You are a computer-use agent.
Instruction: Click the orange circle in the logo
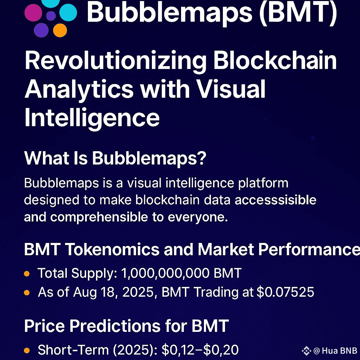point(60,30)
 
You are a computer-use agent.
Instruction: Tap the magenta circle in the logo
point(33,13)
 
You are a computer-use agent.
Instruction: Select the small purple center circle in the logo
point(51,16)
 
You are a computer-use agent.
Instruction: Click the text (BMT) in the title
point(298,13)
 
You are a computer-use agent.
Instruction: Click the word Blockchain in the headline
point(275,60)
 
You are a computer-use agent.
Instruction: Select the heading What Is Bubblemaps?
point(115,159)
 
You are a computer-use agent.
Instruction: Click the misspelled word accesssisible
point(275,200)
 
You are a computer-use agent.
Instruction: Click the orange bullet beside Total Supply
point(27,274)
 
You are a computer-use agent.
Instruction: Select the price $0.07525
point(285,292)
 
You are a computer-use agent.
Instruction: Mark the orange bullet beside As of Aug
point(27,292)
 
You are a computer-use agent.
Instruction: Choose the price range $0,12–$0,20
point(200,350)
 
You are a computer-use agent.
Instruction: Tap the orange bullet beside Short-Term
point(27,351)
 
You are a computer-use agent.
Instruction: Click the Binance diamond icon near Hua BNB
point(306,351)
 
